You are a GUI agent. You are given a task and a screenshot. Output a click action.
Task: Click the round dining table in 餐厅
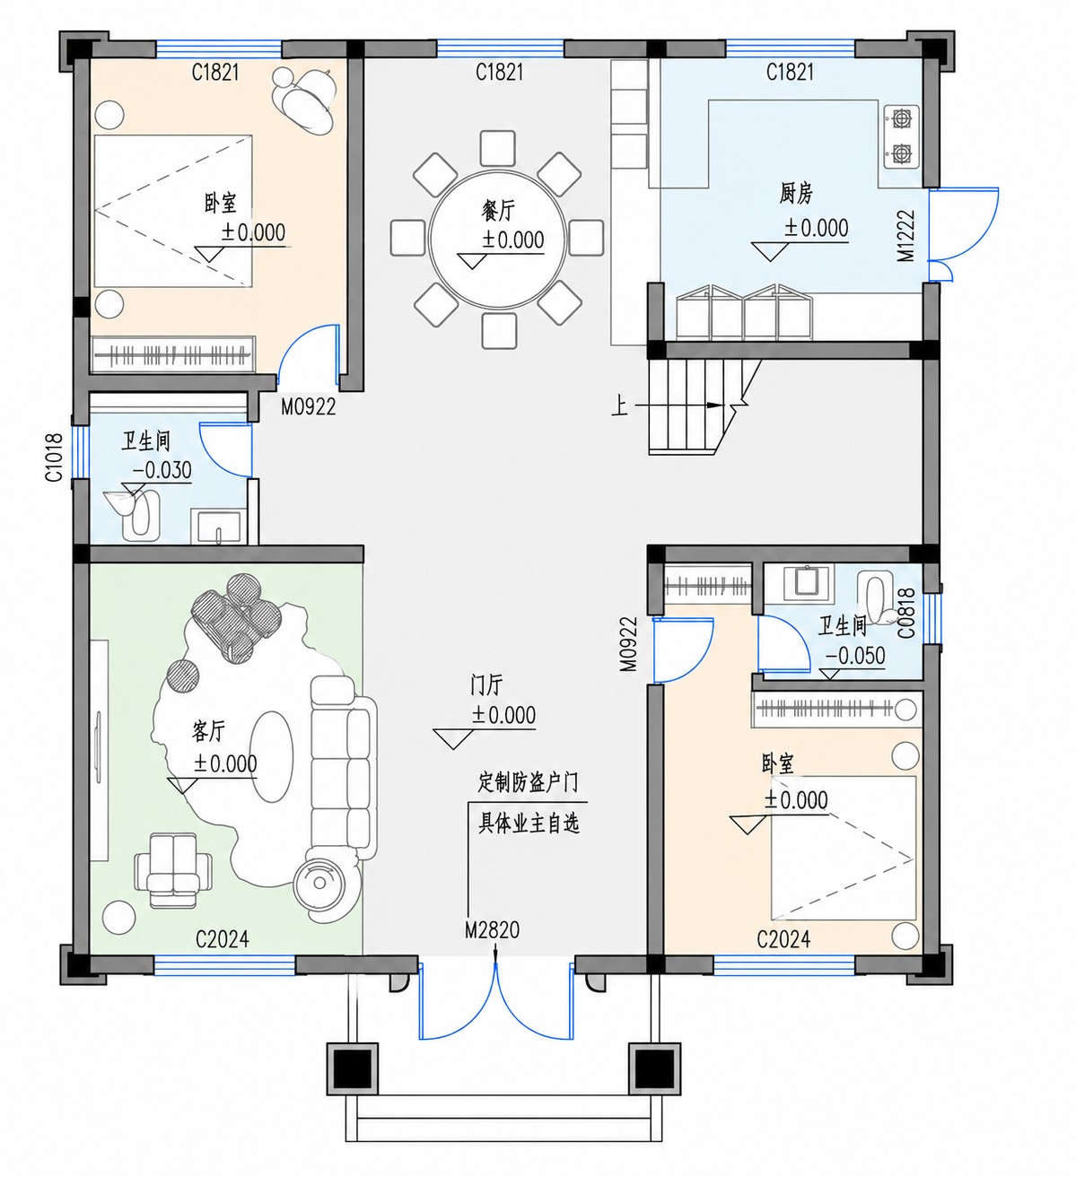pyautogui.click(x=498, y=240)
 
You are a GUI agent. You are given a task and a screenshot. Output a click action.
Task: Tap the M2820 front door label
pyautogui.click(x=492, y=929)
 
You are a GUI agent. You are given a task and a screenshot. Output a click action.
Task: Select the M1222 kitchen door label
pyautogui.click(x=905, y=236)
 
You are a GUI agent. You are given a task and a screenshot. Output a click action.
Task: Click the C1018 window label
pyautogui.click(x=54, y=457)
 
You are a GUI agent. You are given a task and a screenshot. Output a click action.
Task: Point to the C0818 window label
pyautogui.click(x=906, y=613)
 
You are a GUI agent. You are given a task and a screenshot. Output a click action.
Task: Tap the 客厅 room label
pyautogui.click(x=208, y=731)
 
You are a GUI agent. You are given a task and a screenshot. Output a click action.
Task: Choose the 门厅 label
pyautogui.click(x=486, y=684)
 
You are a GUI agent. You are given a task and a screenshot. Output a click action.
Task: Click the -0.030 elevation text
pyautogui.click(x=162, y=470)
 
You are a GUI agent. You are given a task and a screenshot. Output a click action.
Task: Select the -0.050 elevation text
pyautogui.click(x=855, y=656)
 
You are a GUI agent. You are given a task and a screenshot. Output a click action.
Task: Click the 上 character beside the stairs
pyautogui.click(x=619, y=405)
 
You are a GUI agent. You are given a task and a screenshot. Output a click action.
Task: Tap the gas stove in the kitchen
pyautogui.click(x=901, y=136)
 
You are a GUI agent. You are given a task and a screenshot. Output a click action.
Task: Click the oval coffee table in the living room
pyautogui.click(x=271, y=756)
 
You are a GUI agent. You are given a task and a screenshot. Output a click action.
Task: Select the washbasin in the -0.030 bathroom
pyautogui.click(x=218, y=526)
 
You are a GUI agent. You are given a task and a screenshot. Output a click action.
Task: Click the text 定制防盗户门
pyautogui.click(x=528, y=782)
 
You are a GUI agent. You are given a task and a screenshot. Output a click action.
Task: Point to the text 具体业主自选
pyautogui.click(x=529, y=824)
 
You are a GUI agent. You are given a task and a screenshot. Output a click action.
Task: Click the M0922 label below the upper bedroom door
pyautogui.click(x=308, y=406)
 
